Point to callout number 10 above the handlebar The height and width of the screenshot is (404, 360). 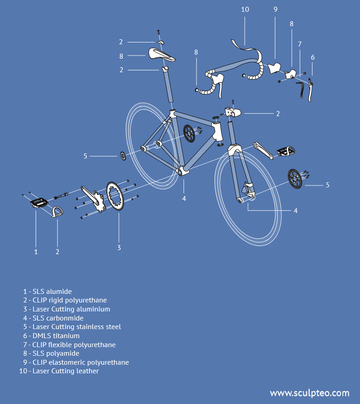click(x=245, y=9)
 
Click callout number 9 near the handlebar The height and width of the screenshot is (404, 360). click(x=275, y=9)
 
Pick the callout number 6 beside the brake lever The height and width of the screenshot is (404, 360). click(x=313, y=57)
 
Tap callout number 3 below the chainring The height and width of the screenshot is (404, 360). click(x=119, y=247)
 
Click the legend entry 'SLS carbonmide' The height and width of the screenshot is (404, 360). click(x=53, y=318)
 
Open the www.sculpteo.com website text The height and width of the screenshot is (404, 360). click(x=309, y=393)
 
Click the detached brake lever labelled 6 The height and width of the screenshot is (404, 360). click(x=310, y=90)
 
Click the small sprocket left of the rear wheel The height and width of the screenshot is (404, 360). click(x=122, y=156)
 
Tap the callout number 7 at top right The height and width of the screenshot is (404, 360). click(x=299, y=44)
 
